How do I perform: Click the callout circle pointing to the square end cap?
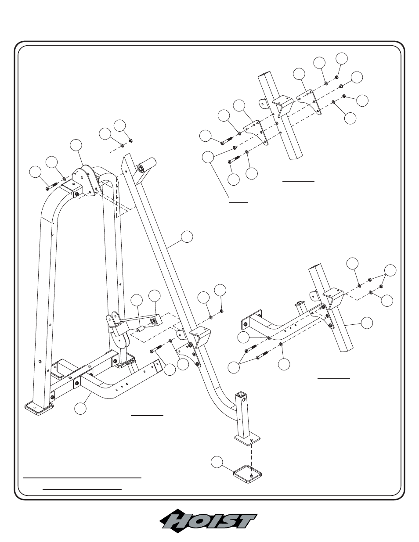(217, 463)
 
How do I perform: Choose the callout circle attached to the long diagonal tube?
(187, 237)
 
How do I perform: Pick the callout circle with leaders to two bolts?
(234, 367)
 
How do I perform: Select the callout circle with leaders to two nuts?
(390, 270)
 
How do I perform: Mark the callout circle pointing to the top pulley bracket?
(76, 145)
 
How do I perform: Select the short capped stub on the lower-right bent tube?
(300, 309)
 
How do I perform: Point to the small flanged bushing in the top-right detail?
(340, 86)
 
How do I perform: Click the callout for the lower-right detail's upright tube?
(367, 323)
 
